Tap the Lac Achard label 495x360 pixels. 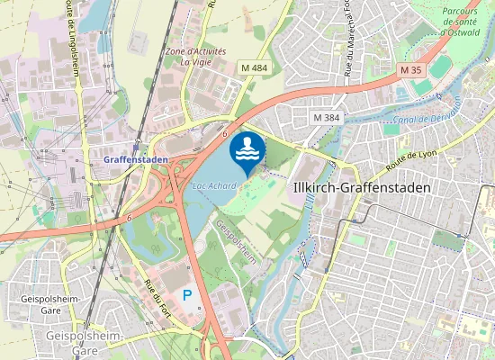click(214, 186)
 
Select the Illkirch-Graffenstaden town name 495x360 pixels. click(362, 187)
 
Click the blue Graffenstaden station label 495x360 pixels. click(136, 159)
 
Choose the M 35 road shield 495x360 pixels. click(410, 70)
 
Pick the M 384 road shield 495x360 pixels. click(328, 118)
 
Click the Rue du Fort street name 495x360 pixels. click(154, 296)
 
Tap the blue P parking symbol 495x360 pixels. click(187, 294)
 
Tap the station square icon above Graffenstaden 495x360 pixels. click(136, 147)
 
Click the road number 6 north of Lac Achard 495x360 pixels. click(223, 133)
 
